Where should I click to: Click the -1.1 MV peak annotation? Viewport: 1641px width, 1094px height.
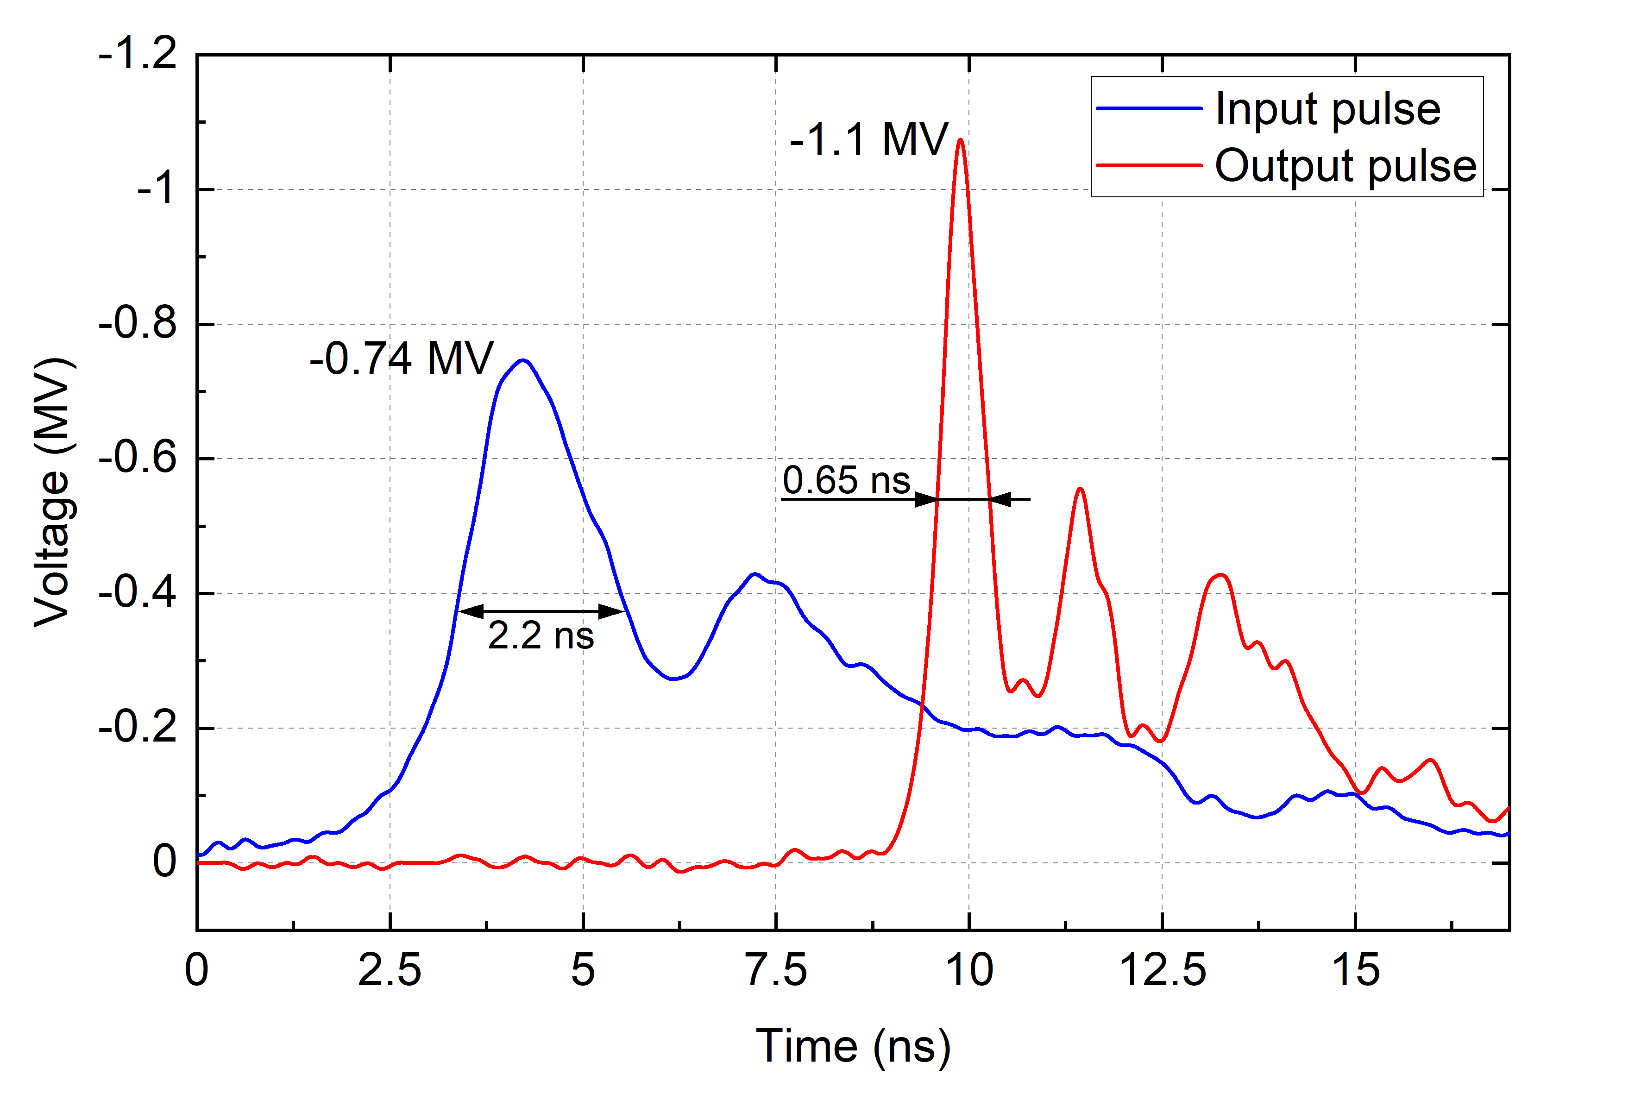868,139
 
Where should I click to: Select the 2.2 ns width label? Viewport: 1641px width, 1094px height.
541,635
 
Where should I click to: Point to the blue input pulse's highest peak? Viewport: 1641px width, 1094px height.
522,361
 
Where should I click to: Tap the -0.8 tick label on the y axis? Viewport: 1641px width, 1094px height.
138,324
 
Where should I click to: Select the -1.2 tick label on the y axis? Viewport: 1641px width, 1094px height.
138,54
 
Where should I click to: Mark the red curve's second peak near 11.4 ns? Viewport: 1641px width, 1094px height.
1080,489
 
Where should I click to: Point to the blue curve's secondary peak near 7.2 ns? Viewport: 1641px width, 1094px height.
754,574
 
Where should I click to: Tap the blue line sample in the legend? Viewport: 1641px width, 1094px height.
1149,109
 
